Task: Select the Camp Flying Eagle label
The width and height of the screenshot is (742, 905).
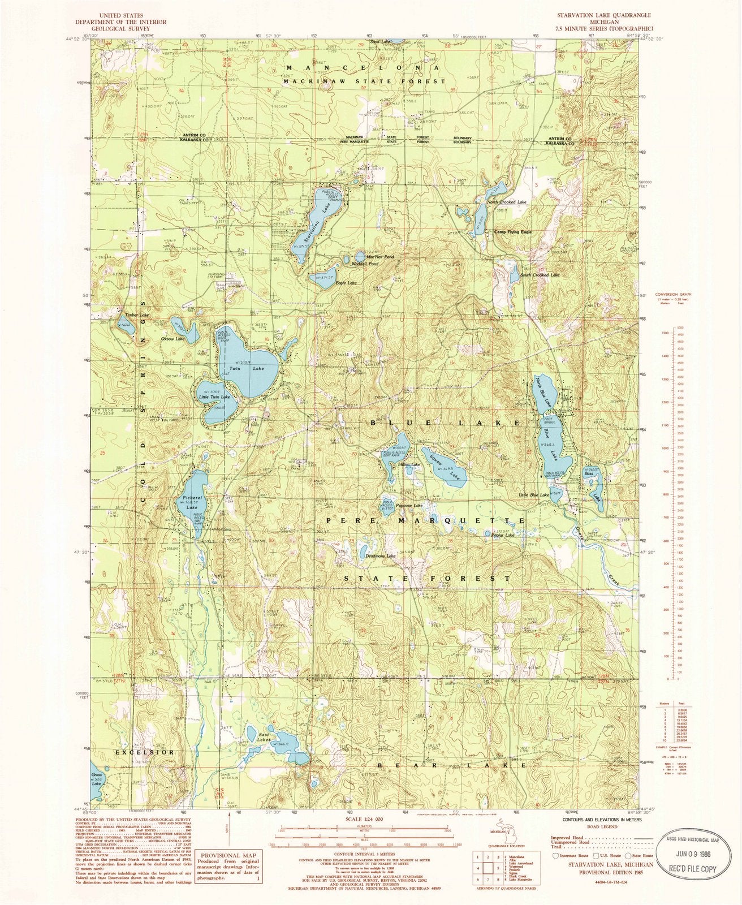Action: tap(512, 232)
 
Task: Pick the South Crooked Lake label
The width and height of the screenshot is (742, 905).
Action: tap(540, 275)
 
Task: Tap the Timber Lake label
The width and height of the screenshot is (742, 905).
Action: tap(136, 314)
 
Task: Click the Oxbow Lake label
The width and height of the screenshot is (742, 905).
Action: tap(173, 339)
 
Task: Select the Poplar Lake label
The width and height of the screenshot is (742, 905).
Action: tap(503, 535)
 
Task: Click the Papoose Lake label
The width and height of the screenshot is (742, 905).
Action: tap(409, 505)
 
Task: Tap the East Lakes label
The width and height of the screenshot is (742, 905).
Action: tap(264, 737)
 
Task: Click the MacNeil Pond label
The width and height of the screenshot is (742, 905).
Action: tap(379, 257)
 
